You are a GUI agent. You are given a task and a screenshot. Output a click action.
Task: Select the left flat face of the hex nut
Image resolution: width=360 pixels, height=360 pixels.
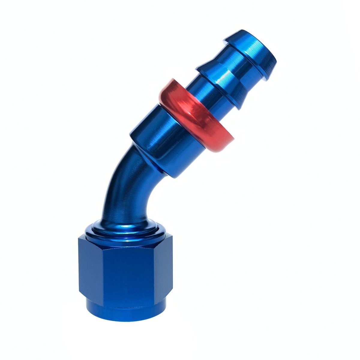coord(90,270)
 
